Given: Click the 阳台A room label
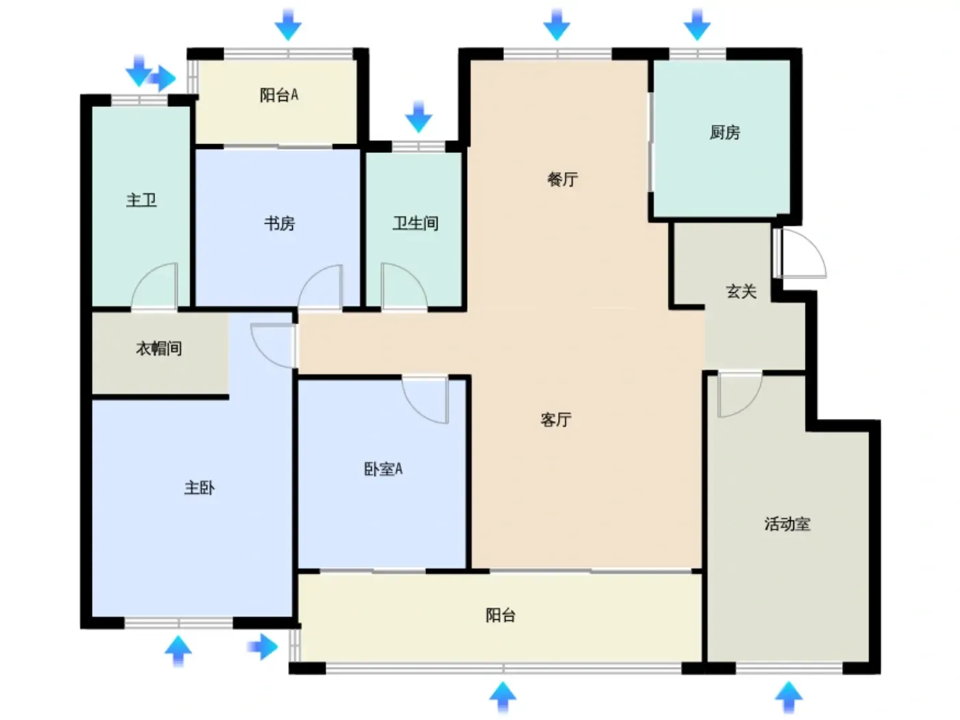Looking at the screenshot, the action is click(x=278, y=95).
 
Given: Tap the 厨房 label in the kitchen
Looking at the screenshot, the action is click(x=724, y=132).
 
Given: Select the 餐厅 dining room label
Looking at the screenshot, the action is click(x=562, y=179).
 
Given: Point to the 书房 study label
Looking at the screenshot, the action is click(x=279, y=224).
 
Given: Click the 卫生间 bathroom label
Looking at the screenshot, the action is click(x=415, y=224).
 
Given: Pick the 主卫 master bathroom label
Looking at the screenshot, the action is click(x=141, y=200).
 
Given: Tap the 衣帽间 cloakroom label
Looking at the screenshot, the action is click(x=159, y=348).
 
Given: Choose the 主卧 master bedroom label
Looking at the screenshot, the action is click(x=199, y=488).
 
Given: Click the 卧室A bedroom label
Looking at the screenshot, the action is click(x=383, y=468).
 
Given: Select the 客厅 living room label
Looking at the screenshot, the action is click(x=555, y=419).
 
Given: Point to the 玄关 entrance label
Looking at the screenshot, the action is click(x=741, y=291).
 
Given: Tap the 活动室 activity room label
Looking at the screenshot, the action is click(x=787, y=524).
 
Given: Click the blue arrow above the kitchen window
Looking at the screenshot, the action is click(x=697, y=25).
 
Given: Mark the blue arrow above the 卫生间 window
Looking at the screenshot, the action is click(x=418, y=117).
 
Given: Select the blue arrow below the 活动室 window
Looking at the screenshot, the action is click(x=789, y=697).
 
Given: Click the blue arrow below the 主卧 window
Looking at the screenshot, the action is click(x=178, y=651).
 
